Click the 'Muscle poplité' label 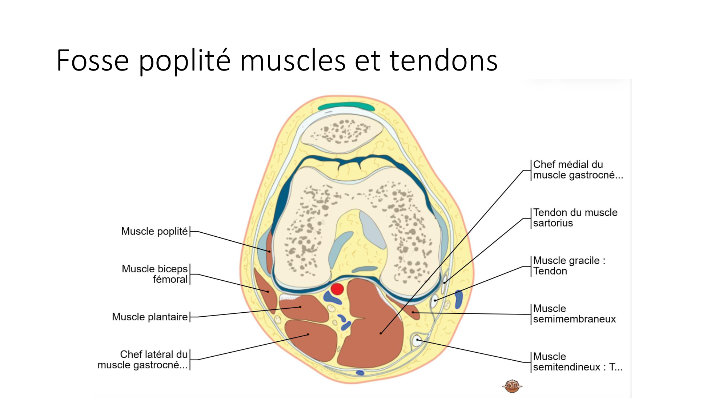(x=154, y=231)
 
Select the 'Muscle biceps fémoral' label (x=155, y=274)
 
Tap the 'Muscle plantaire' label (x=150, y=317)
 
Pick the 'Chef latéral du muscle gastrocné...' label (x=143, y=360)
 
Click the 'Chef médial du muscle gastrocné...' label (x=578, y=170)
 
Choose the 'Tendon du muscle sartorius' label (x=575, y=218)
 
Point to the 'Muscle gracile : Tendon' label (x=569, y=266)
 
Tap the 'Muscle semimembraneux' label (x=574, y=314)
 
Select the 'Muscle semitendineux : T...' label (x=577, y=362)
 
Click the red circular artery (x=337, y=289)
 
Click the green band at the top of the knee (x=346, y=107)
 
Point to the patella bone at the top (x=342, y=133)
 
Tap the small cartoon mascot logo (x=512, y=386)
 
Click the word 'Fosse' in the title (x=93, y=60)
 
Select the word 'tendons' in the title (x=443, y=60)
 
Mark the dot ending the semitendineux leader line (x=418, y=340)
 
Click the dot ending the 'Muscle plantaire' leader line (x=300, y=307)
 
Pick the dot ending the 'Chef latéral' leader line (x=308, y=334)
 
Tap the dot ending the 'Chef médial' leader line (x=381, y=333)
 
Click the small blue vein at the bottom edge (x=360, y=373)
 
